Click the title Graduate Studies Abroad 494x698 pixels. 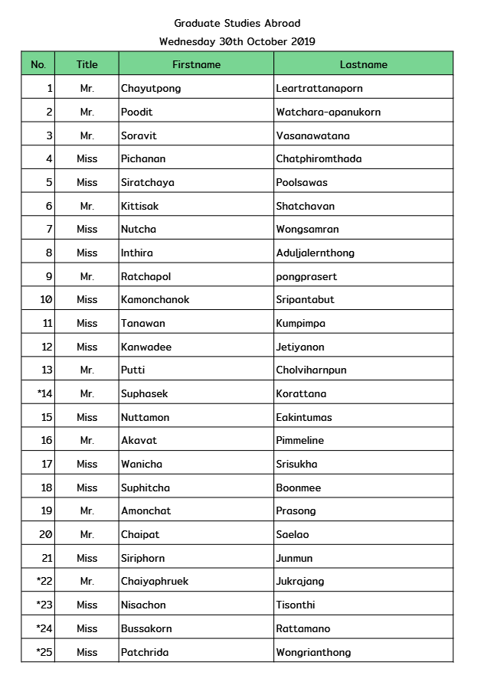pyautogui.click(x=237, y=24)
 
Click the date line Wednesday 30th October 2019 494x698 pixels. pyautogui.click(x=237, y=41)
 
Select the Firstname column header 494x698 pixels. pyautogui.click(x=196, y=64)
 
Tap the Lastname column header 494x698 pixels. pyautogui.click(x=363, y=64)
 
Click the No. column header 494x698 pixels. pyautogui.click(x=38, y=64)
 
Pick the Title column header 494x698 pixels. pyautogui.click(x=87, y=64)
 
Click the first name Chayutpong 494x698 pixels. pyautogui.click(x=151, y=88)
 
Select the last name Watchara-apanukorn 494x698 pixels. pyautogui.click(x=328, y=112)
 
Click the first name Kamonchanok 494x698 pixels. pyautogui.click(x=155, y=299)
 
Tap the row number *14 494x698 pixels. pyautogui.click(x=44, y=393)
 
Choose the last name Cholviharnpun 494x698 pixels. pyautogui.click(x=311, y=370)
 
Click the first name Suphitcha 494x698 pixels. pyautogui.click(x=146, y=488)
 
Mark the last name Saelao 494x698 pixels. pyautogui.click(x=293, y=534)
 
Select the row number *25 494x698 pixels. pyautogui.click(x=44, y=652)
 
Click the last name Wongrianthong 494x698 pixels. pyautogui.click(x=313, y=652)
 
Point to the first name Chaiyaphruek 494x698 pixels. pyautogui.click(x=155, y=581)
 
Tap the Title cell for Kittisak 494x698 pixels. pyautogui.click(x=87, y=206)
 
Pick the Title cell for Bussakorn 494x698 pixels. pyautogui.click(x=87, y=628)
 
